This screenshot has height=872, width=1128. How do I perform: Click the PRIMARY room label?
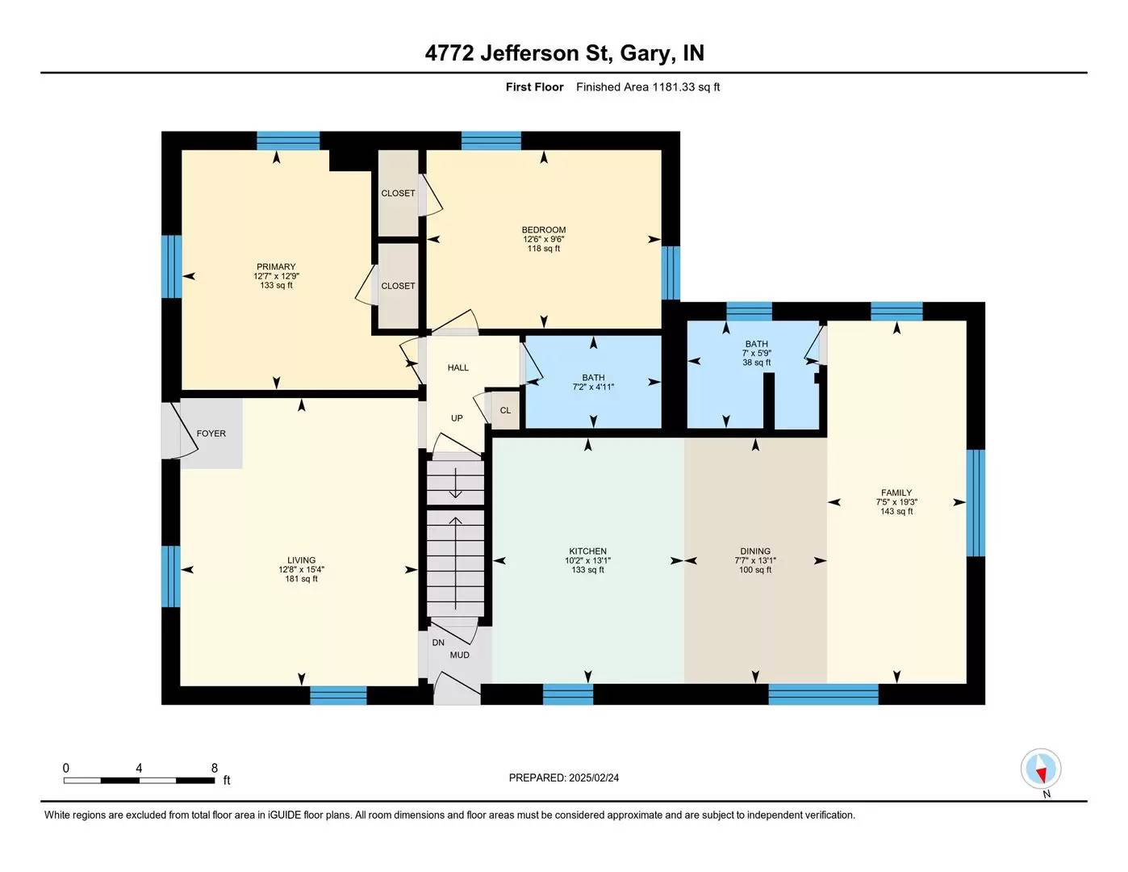(276, 267)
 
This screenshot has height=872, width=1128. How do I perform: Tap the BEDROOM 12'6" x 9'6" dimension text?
(543, 240)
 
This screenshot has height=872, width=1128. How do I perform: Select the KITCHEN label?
(587, 551)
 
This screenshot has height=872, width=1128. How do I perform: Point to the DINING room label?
(755, 551)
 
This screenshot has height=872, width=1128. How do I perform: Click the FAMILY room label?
(896, 493)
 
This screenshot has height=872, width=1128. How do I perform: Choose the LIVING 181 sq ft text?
(301, 579)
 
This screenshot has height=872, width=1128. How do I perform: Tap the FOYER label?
(211, 434)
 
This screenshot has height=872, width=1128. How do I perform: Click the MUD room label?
(459, 655)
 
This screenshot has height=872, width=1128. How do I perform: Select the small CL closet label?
(505, 410)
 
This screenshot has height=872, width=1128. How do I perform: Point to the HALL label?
(457, 367)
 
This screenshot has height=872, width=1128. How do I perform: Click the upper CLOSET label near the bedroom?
(398, 193)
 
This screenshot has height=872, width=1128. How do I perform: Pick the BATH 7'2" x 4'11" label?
(593, 383)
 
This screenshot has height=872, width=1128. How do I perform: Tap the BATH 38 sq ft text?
(757, 363)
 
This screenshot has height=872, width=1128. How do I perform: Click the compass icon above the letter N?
(1041, 769)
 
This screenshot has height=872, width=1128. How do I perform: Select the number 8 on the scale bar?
(215, 768)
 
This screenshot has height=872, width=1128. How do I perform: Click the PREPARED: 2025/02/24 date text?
(564, 778)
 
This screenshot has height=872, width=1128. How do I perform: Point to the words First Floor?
(534, 87)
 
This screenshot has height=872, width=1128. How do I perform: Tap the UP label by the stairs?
(457, 418)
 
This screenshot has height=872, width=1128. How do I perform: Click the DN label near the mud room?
(438, 643)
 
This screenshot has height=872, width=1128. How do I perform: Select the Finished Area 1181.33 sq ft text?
(648, 87)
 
